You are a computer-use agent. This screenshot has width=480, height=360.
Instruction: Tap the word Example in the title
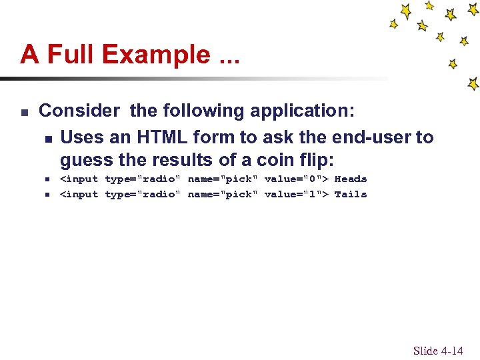click(x=154, y=54)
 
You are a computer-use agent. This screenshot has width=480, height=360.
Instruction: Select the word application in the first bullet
click(x=297, y=111)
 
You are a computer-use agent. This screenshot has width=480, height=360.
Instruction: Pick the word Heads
click(x=351, y=179)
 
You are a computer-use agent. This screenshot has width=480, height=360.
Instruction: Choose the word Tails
click(x=351, y=194)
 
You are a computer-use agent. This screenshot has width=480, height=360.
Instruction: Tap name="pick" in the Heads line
click(x=222, y=179)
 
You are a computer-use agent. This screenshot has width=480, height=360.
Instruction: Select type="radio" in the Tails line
click(x=143, y=194)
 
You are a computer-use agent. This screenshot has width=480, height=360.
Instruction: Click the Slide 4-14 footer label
click(x=437, y=351)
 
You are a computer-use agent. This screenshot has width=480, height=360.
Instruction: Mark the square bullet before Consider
click(x=24, y=111)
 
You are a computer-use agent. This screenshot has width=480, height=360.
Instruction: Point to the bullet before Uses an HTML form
click(x=48, y=139)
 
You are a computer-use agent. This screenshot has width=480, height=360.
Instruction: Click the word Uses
click(x=79, y=137)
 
